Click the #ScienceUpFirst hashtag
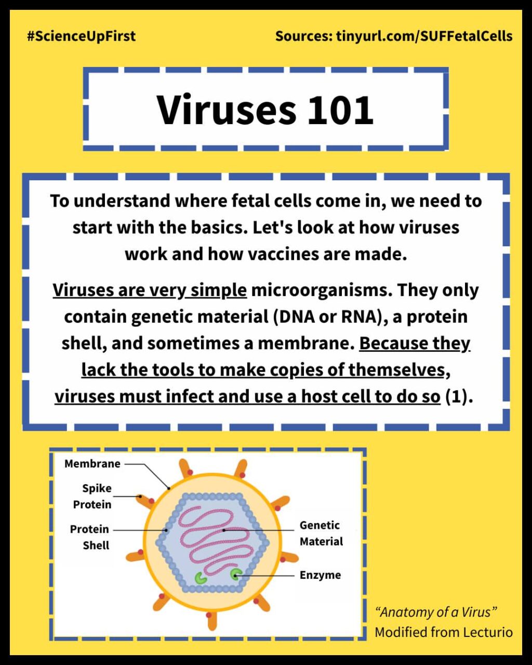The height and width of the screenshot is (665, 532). click(x=81, y=36)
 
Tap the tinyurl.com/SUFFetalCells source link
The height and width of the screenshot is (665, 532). click(x=424, y=36)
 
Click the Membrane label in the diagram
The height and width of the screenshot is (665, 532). click(x=92, y=463)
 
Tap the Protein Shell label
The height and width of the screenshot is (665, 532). click(x=90, y=537)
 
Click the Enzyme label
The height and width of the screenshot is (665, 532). click(x=320, y=575)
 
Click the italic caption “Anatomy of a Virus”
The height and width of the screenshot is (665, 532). click(x=436, y=612)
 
